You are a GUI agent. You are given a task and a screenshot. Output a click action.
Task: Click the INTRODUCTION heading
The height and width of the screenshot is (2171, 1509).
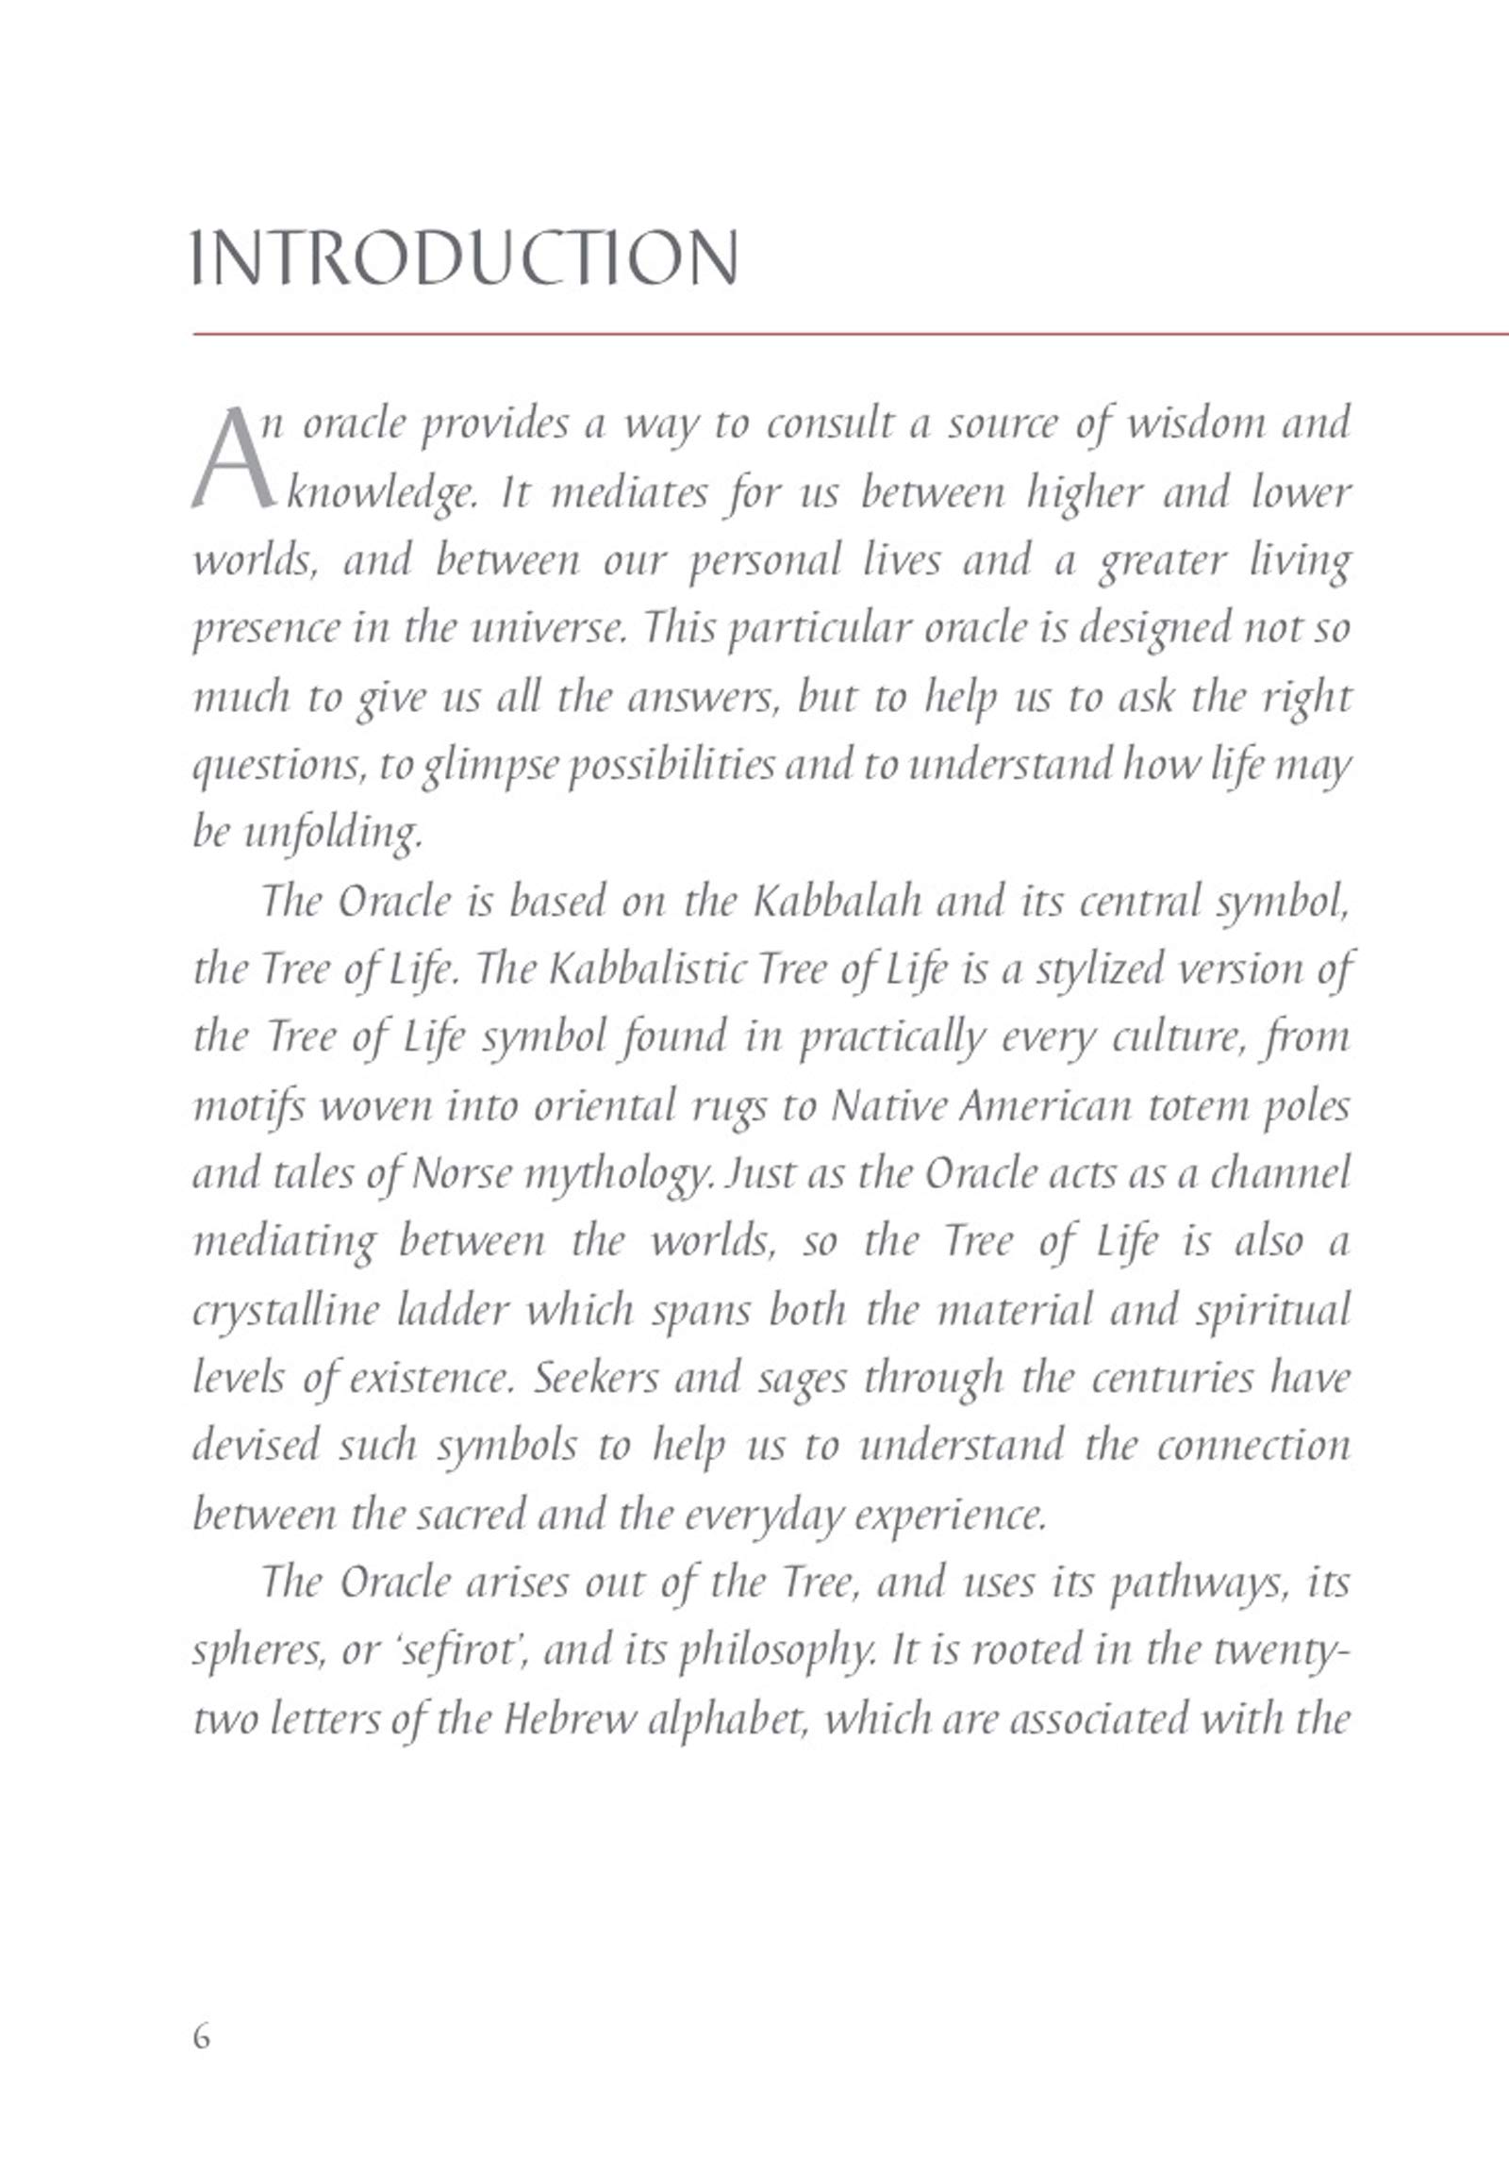(464, 257)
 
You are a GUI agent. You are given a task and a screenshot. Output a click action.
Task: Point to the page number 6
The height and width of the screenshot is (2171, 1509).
(202, 2036)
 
